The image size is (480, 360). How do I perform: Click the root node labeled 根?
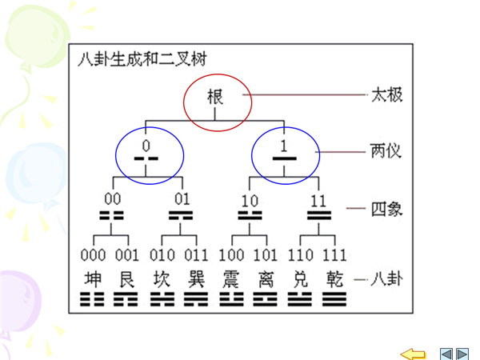[217, 98]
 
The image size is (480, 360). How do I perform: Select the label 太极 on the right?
[386, 94]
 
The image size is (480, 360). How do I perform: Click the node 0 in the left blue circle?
[146, 146]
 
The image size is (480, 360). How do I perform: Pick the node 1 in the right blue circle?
[284, 146]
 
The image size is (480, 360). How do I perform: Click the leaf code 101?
[266, 256]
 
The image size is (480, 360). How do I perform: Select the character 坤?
[93, 279]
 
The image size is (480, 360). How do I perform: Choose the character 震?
[231, 279]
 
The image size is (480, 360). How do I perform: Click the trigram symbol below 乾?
[336, 300]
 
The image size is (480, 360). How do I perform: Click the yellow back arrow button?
[413, 353]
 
